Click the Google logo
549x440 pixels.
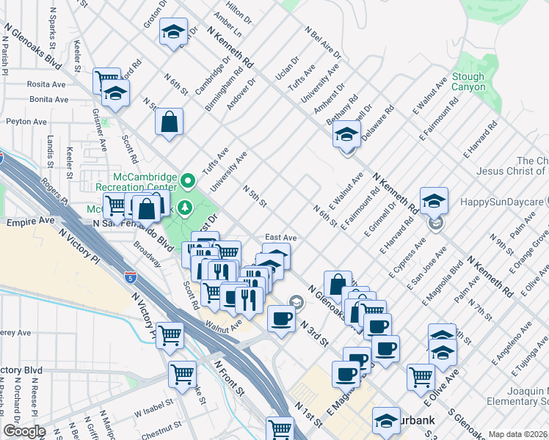pyautogui.click(x=24, y=431)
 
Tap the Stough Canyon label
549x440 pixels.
pyautogui.click(x=468, y=81)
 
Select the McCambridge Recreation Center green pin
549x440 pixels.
pyautogui.click(x=189, y=180)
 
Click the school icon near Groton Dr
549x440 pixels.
pyautogui.click(x=173, y=32)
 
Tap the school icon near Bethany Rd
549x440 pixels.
pyautogui.click(x=346, y=134)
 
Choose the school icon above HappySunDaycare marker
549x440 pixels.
pyautogui.click(x=434, y=200)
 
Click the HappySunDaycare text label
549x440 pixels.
pyautogui.click(x=504, y=200)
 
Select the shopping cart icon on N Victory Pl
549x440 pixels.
pyautogui.click(x=170, y=335)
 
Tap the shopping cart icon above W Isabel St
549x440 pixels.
pyautogui.click(x=182, y=373)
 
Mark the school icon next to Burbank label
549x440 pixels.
pyautogui.click(x=385, y=420)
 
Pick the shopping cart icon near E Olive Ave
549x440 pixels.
pyautogui.click(x=421, y=377)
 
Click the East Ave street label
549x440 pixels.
pyautogui.click(x=280, y=238)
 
